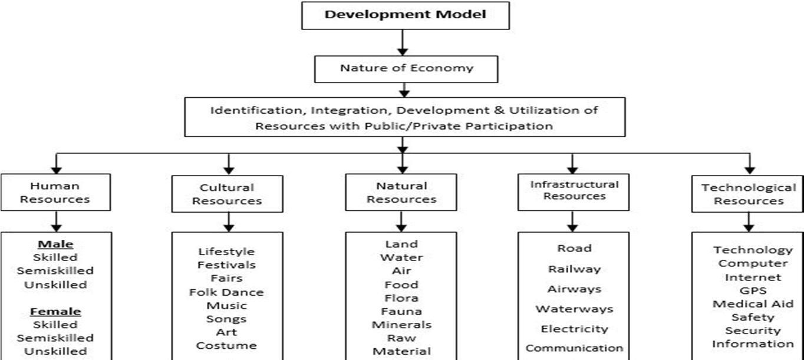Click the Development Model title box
click(x=405, y=15)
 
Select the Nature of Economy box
click(x=406, y=68)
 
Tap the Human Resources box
click(x=55, y=192)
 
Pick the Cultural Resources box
click(x=227, y=194)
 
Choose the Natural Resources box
click(x=401, y=192)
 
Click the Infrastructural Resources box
click(x=574, y=190)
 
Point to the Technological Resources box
click(x=749, y=194)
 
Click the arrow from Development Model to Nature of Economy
click(x=404, y=42)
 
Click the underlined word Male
click(x=55, y=244)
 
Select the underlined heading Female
click(x=55, y=311)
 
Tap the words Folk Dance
click(x=227, y=292)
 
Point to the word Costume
click(x=227, y=345)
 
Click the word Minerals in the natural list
click(x=401, y=325)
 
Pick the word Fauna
click(x=401, y=311)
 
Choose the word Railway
click(x=574, y=269)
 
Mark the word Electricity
click(x=574, y=329)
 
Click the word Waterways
click(x=574, y=309)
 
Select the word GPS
click(x=752, y=290)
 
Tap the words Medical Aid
click(x=752, y=304)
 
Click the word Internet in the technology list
click(x=753, y=277)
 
